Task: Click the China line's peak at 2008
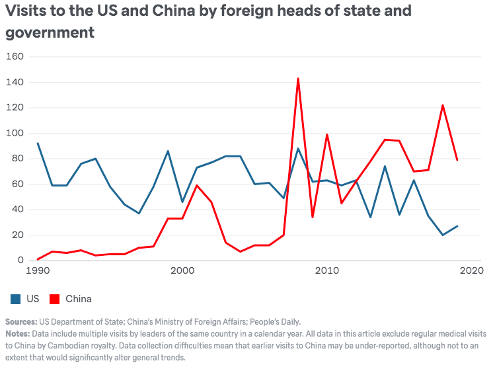(x=298, y=79)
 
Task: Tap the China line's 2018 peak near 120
(x=443, y=105)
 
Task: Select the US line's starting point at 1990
(x=38, y=143)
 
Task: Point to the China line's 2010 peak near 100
(x=327, y=134)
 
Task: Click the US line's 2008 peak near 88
(x=298, y=148)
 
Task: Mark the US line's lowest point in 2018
(x=443, y=235)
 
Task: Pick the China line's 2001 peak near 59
(x=197, y=185)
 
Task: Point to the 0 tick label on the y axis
(x=20, y=261)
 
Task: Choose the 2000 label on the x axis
(x=182, y=272)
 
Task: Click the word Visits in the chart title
(x=22, y=11)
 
